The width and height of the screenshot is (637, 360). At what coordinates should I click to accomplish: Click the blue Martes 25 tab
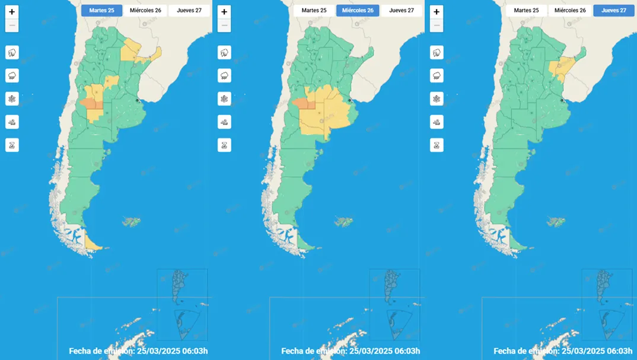pyautogui.click(x=102, y=11)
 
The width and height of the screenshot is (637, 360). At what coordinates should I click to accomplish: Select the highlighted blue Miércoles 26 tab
pyautogui.click(x=357, y=11)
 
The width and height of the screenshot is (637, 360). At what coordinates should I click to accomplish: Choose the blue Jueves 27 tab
pyautogui.click(x=613, y=11)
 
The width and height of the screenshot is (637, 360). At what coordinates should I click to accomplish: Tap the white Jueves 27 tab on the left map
pyautogui.click(x=189, y=11)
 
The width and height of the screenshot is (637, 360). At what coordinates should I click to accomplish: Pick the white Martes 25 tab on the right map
pyautogui.click(x=527, y=11)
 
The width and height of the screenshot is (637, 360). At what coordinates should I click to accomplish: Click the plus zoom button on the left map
pyautogui.click(x=12, y=12)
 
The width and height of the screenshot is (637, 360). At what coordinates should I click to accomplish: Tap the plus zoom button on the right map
pyautogui.click(x=437, y=12)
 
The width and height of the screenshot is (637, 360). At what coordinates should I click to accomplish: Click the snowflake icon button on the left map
pyautogui.click(x=12, y=98)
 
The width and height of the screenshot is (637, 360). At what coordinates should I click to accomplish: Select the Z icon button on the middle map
pyautogui.click(x=224, y=145)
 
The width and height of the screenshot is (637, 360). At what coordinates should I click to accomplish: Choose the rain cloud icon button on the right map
pyautogui.click(x=437, y=75)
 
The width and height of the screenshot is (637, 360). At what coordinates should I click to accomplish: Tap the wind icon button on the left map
pyautogui.click(x=12, y=122)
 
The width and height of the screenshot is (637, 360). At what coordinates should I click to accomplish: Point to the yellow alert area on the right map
pyautogui.click(x=559, y=68)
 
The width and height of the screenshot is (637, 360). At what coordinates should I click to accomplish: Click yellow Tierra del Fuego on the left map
pyautogui.click(x=92, y=241)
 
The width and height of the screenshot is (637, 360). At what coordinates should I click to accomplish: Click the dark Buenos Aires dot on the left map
pyautogui.click(x=138, y=100)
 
